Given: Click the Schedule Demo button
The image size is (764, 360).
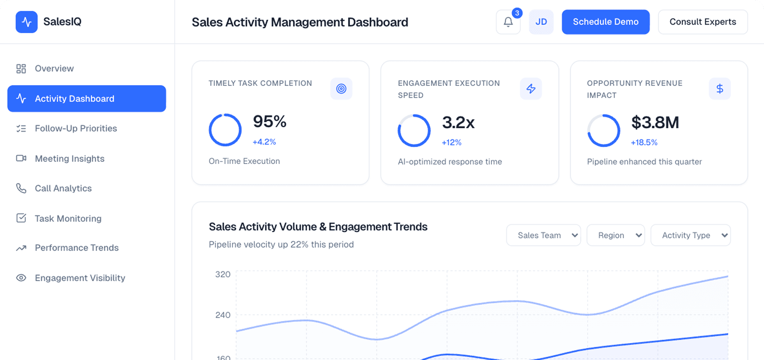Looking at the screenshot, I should point(605,22).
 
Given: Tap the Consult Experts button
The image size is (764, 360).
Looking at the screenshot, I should point(702,22).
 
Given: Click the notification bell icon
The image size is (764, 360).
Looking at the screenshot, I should point(508,22).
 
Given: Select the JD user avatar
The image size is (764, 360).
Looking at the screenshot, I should point(541,22).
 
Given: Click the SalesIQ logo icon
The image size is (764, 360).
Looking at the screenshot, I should point(27,22).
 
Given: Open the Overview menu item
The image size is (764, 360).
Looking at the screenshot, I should point(54,69).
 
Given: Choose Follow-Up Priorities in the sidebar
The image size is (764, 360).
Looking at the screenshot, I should point(76,129).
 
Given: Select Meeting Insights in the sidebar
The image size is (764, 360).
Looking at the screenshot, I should point(69,159).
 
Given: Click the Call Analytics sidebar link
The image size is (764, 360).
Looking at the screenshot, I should point(63,188).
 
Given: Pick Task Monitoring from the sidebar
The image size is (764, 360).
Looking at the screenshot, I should point(68,218).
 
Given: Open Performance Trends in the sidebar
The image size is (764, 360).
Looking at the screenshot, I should point(76,248).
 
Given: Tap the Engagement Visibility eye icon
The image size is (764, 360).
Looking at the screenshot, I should point(21,278).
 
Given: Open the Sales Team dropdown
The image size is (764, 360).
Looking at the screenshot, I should point(543,235).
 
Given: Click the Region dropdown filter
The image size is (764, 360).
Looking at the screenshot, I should point(615,235).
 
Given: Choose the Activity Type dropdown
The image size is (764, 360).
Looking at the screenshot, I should point(690,235).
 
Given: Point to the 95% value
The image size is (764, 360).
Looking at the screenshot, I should point(269,122).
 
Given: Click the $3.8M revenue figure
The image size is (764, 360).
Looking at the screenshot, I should point(655,122).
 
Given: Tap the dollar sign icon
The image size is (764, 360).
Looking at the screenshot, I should point(720,88).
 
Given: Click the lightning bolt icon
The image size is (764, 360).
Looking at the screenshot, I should point(531,88).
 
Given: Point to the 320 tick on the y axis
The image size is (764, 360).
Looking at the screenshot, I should point(223,274).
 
